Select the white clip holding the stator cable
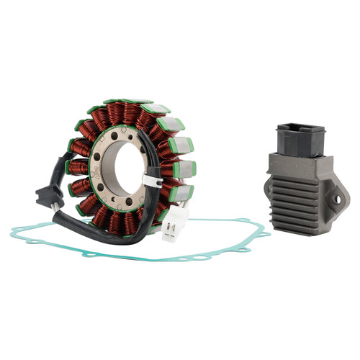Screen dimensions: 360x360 (151, 180)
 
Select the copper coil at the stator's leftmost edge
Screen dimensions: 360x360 (78, 168)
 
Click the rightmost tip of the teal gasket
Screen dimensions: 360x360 (270, 233)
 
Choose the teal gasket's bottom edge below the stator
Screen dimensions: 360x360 (144, 256)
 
